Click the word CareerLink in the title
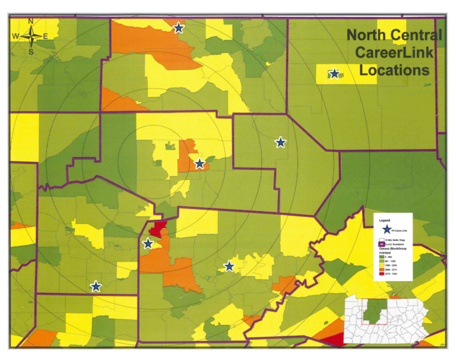[x=394, y=52]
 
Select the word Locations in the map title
[x=394, y=70]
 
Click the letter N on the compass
[x=31, y=22]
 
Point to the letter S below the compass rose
[x=31, y=52]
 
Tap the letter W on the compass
[x=15, y=37]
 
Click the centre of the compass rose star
[x=31, y=37]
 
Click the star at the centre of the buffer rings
[x=199, y=163]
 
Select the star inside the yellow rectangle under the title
[x=334, y=74]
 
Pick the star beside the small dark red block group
[x=148, y=244]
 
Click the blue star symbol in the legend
[x=387, y=229]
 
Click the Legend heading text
[x=385, y=220]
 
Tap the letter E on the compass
[x=46, y=37]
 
